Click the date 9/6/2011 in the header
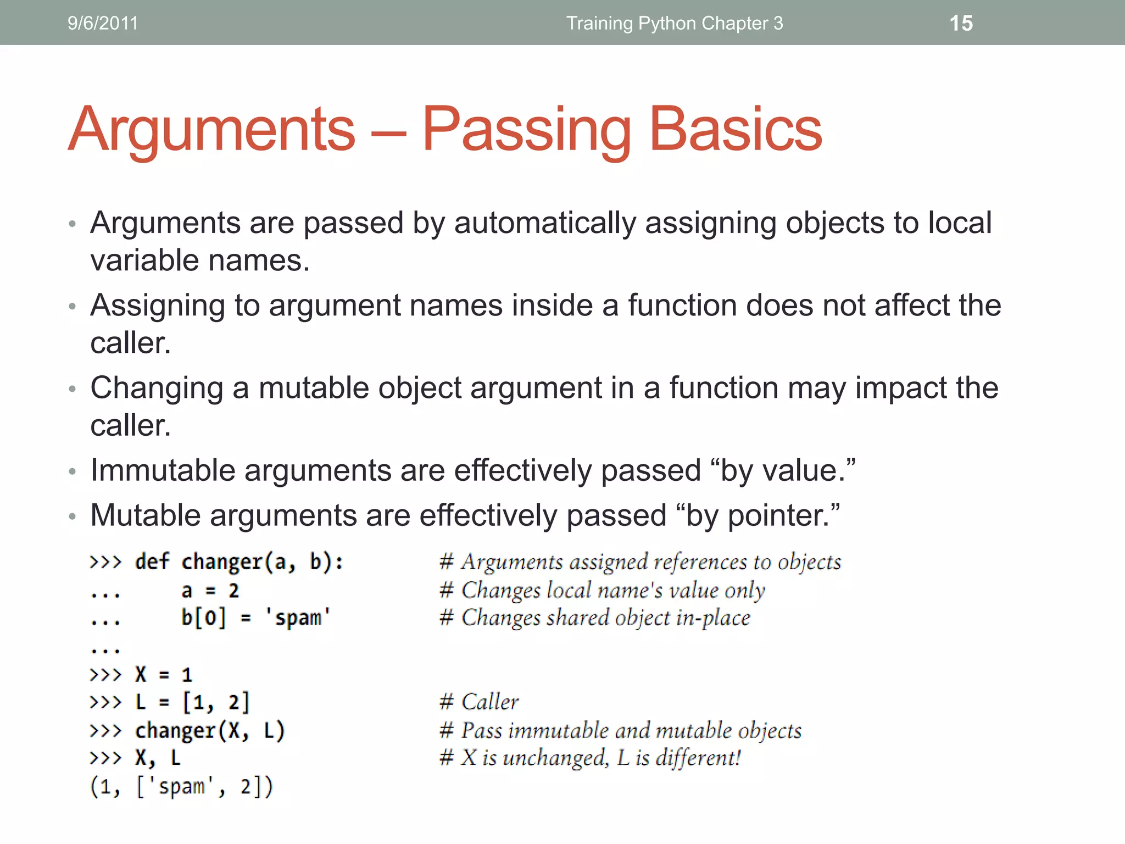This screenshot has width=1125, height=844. click(x=103, y=23)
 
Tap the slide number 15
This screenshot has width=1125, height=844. click(x=961, y=23)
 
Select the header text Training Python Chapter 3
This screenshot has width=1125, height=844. click(x=675, y=23)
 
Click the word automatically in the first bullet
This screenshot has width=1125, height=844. click(x=545, y=223)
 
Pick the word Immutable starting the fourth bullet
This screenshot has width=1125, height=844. click(x=163, y=470)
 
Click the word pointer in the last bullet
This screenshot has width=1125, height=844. click(x=778, y=515)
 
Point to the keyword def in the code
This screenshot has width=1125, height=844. click(x=152, y=562)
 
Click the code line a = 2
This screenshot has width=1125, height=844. click(x=210, y=591)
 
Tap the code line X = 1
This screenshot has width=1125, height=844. click(x=163, y=674)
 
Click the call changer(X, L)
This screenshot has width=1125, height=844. click(x=210, y=731)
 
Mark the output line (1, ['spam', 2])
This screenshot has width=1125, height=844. click(x=181, y=786)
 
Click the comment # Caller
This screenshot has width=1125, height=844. click(x=479, y=702)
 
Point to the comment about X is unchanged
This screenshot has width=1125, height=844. click(x=590, y=758)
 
